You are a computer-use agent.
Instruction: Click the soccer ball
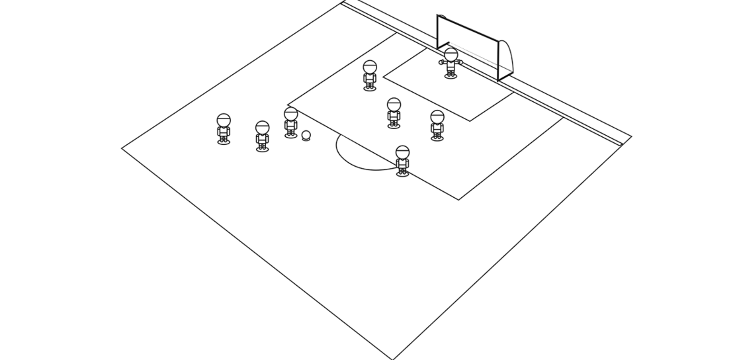click(x=306, y=135)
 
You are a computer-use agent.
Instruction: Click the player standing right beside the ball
click(x=291, y=123)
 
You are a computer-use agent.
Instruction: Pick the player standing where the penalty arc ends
click(x=402, y=161)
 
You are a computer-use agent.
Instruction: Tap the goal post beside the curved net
click(x=498, y=61)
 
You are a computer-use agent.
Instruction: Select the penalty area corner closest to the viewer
click(x=458, y=199)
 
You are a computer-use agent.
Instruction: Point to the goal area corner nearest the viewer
click(x=470, y=121)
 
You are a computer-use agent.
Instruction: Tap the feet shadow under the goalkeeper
click(x=451, y=76)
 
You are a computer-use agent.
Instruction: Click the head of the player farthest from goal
click(x=224, y=120)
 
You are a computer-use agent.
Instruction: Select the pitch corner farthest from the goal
click(x=122, y=148)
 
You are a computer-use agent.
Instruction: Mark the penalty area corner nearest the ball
click(x=288, y=105)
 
